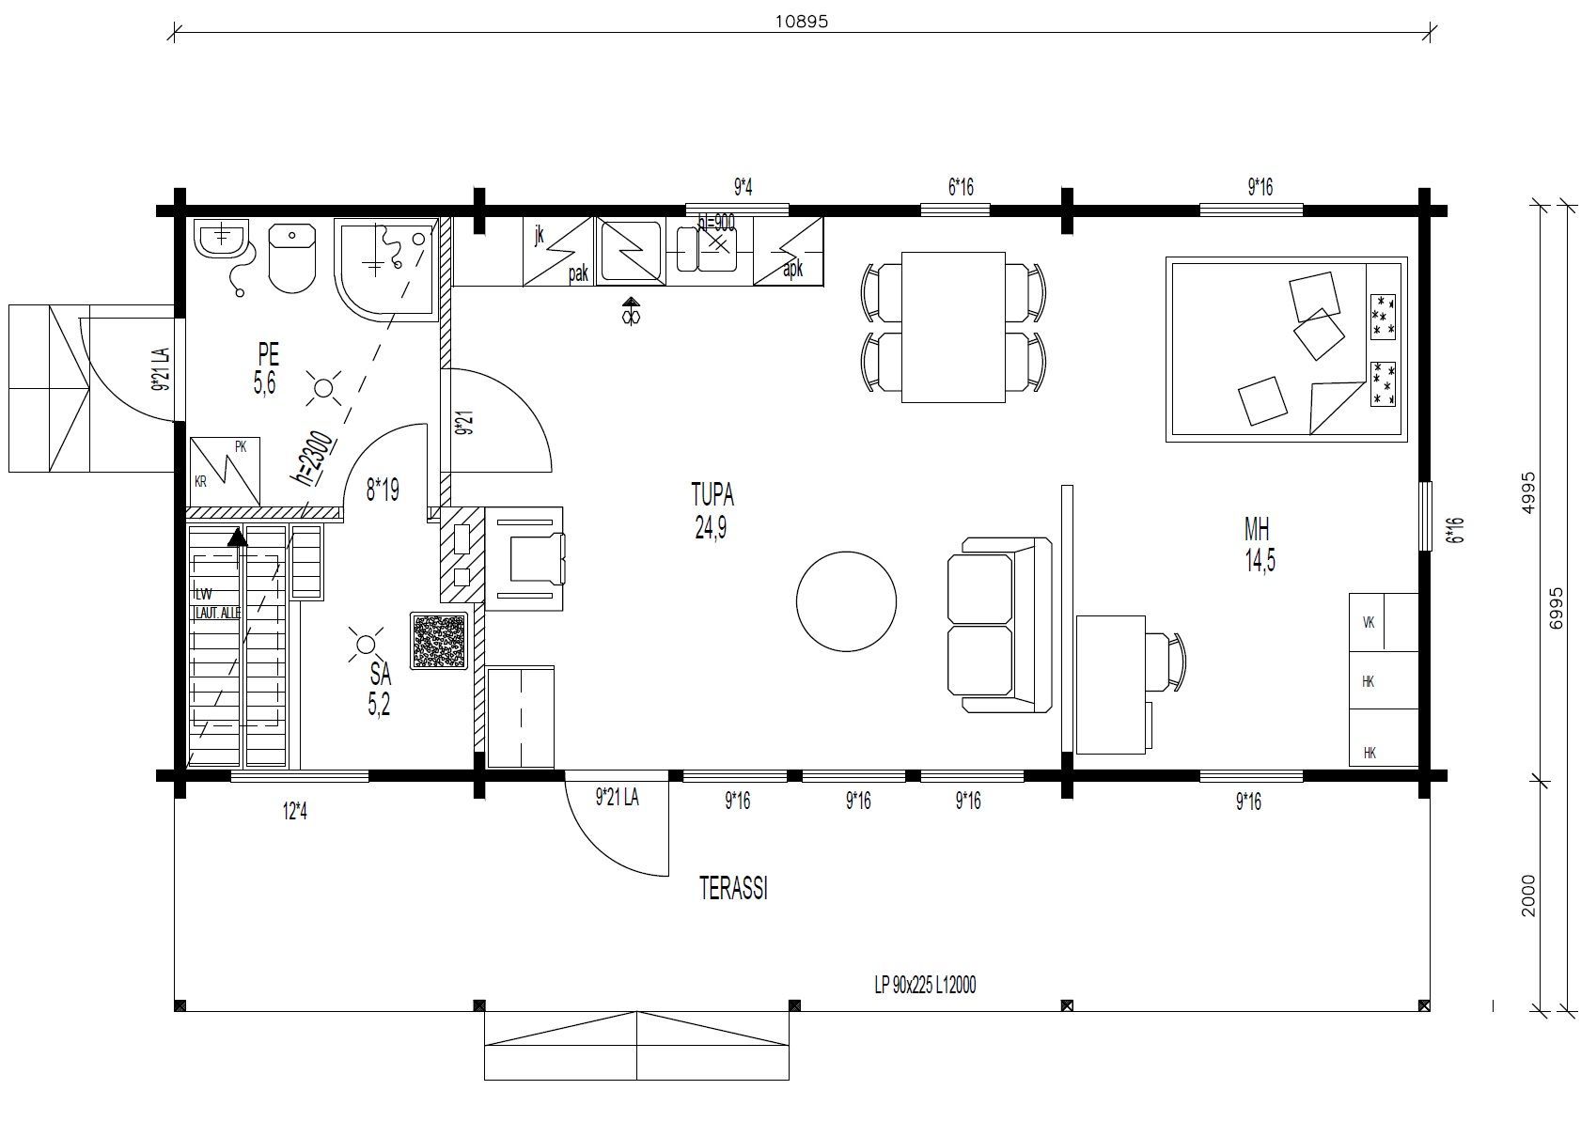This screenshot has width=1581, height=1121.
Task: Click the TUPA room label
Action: pyautogui.click(x=712, y=494)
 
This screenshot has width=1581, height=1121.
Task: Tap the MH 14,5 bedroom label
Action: pyautogui.click(x=1258, y=544)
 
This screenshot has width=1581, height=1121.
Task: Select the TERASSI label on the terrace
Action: pyautogui.click(x=733, y=889)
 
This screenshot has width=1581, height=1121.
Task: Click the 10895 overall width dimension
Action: pyautogui.click(x=801, y=22)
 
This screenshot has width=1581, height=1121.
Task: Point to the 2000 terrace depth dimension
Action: pyautogui.click(x=1528, y=895)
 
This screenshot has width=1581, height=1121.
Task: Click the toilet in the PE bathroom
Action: pyautogui.click(x=291, y=257)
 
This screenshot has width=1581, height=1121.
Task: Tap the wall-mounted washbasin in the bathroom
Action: pyautogui.click(x=222, y=241)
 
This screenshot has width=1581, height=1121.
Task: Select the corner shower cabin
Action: pyautogui.click(x=385, y=269)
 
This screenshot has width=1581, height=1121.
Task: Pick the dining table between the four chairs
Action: pyautogui.click(x=953, y=327)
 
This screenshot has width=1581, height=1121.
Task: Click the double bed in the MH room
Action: pyautogui.click(x=1286, y=349)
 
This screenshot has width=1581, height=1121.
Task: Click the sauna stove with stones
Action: pyautogui.click(x=439, y=641)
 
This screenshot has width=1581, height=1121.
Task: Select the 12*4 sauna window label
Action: pyautogui.click(x=295, y=811)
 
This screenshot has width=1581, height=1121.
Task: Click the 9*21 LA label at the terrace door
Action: pyautogui.click(x=618, y=799)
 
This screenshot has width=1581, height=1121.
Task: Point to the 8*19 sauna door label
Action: pyautogui.click(x=383, y=490)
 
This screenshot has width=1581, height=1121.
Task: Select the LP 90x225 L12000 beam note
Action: pyautogui.click(x=925, y=985)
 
